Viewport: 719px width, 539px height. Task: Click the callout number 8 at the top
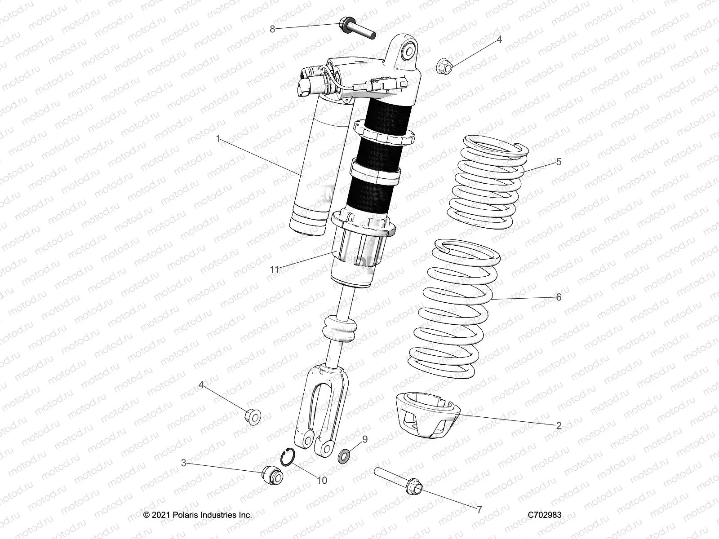click(x=272, y=29)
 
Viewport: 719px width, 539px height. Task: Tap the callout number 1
click(x=218, y=139)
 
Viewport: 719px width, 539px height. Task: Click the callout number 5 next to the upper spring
click(x=559, y=162)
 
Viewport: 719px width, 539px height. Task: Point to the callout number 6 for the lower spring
click(x=559, y=297)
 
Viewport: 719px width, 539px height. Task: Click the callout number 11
click(x=275, y=269)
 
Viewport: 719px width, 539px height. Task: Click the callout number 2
click(x=559, y=426)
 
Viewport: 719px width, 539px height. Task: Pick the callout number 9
click(x=365, y=439)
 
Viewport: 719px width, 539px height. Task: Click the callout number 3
click(x=184, y=463)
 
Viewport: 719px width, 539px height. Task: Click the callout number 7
click(x=479, y=509)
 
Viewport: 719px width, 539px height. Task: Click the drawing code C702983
click(x=545, y=515)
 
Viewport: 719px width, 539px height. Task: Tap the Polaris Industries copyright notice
click(x=198, y=515)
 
